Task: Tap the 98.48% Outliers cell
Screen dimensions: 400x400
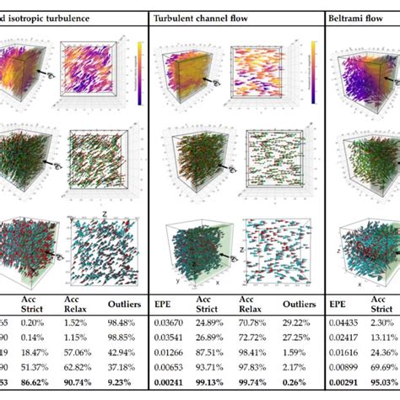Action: [x=123, y=322]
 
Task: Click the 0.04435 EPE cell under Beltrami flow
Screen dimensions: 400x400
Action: [x=349, y=322]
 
